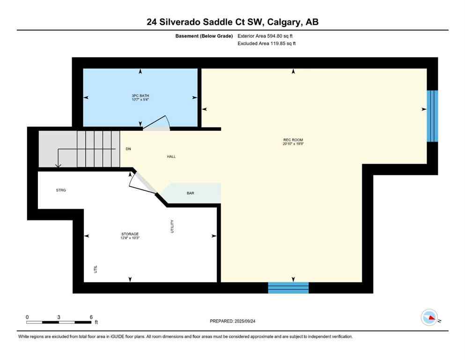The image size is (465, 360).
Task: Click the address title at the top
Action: tap(232, 22)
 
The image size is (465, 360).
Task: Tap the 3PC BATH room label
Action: tap(140, 96)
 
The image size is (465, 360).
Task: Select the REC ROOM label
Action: tap(290, 140)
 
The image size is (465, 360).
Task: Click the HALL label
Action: tap(171, 157)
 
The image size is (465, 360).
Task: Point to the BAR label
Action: tap(190, 193)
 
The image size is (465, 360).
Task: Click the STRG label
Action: tap(61, 190)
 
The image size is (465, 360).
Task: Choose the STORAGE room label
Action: tap(130, 234)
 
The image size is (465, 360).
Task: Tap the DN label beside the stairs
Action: tap(128, 149)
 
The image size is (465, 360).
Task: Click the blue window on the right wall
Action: tap(432, 116)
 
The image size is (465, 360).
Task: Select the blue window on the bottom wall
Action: tap(288, 287)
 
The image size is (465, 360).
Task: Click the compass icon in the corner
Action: tap(429, 317)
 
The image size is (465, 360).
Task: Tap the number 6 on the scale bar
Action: tap(90, 317)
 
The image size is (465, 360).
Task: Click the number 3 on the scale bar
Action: tap(59, 317)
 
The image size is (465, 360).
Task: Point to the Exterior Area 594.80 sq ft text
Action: tap(266, 36)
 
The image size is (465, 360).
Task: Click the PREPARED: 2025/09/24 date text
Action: tap(232, 321)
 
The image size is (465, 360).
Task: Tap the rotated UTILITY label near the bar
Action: tap(172, 226)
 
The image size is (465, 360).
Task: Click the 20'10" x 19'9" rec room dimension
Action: tap(290, 144)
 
